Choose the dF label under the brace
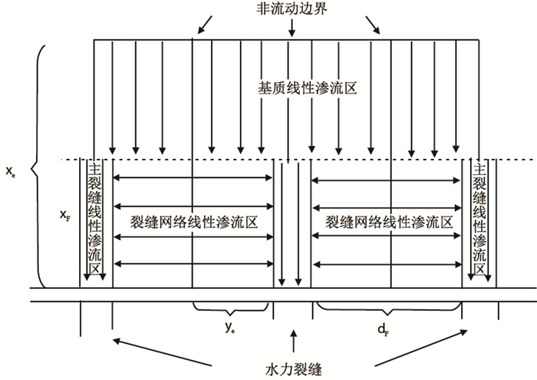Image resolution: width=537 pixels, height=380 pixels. click(x=381, y=329)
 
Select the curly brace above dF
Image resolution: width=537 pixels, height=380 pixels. click(x=389, y=309)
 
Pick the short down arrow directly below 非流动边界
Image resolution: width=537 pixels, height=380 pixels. click(x=292, y=27)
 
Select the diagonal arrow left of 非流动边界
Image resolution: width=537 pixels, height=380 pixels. click(x=206, y=25)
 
